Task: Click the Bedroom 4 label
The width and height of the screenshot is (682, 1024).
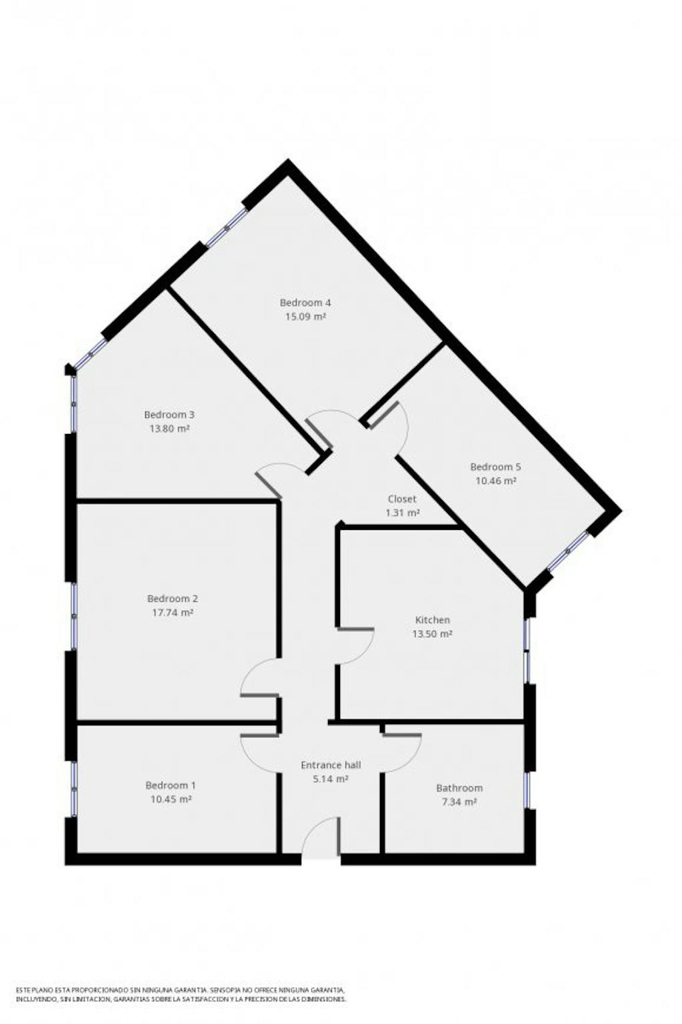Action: (x=305, y=303)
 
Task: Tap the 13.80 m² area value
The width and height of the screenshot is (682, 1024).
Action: (x=169, y=429)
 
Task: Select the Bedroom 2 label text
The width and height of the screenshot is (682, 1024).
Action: (x=172, y=599)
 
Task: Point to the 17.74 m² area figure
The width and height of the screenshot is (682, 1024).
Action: (x=172, y=612)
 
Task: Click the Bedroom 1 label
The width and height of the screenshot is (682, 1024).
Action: (x=171, y=785)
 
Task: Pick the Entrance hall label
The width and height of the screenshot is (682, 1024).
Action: (x=331, y=765)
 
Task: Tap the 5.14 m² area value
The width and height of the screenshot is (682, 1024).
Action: (x=331, y=779)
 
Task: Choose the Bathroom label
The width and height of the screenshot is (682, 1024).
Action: (x=459, y=787)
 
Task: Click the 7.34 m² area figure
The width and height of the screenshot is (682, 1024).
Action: (x=459, y=802)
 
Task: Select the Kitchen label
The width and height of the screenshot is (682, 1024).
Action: (x=432, y=620)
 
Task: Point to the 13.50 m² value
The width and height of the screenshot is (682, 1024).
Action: (x=432, y=634)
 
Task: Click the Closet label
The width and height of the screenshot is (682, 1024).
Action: (x=402, y=499)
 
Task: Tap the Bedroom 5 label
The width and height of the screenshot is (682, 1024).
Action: (x=495, y=467)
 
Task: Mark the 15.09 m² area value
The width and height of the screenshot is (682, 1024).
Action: (x=305, y=317)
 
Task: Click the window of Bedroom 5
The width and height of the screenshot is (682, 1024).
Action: (x=567, y=552)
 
